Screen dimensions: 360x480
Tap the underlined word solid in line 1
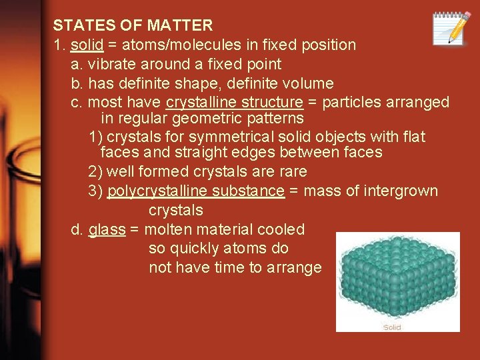point(87,45)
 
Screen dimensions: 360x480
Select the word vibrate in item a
point(111,65)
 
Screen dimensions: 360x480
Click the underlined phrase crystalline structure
point(235,103)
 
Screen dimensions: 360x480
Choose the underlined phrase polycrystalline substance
point(196,191)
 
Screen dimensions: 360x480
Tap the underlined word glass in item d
point(107,230)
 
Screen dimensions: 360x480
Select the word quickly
point(198,249)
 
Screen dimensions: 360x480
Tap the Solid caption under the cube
point(392,327)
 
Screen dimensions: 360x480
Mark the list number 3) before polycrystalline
point(95,191)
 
